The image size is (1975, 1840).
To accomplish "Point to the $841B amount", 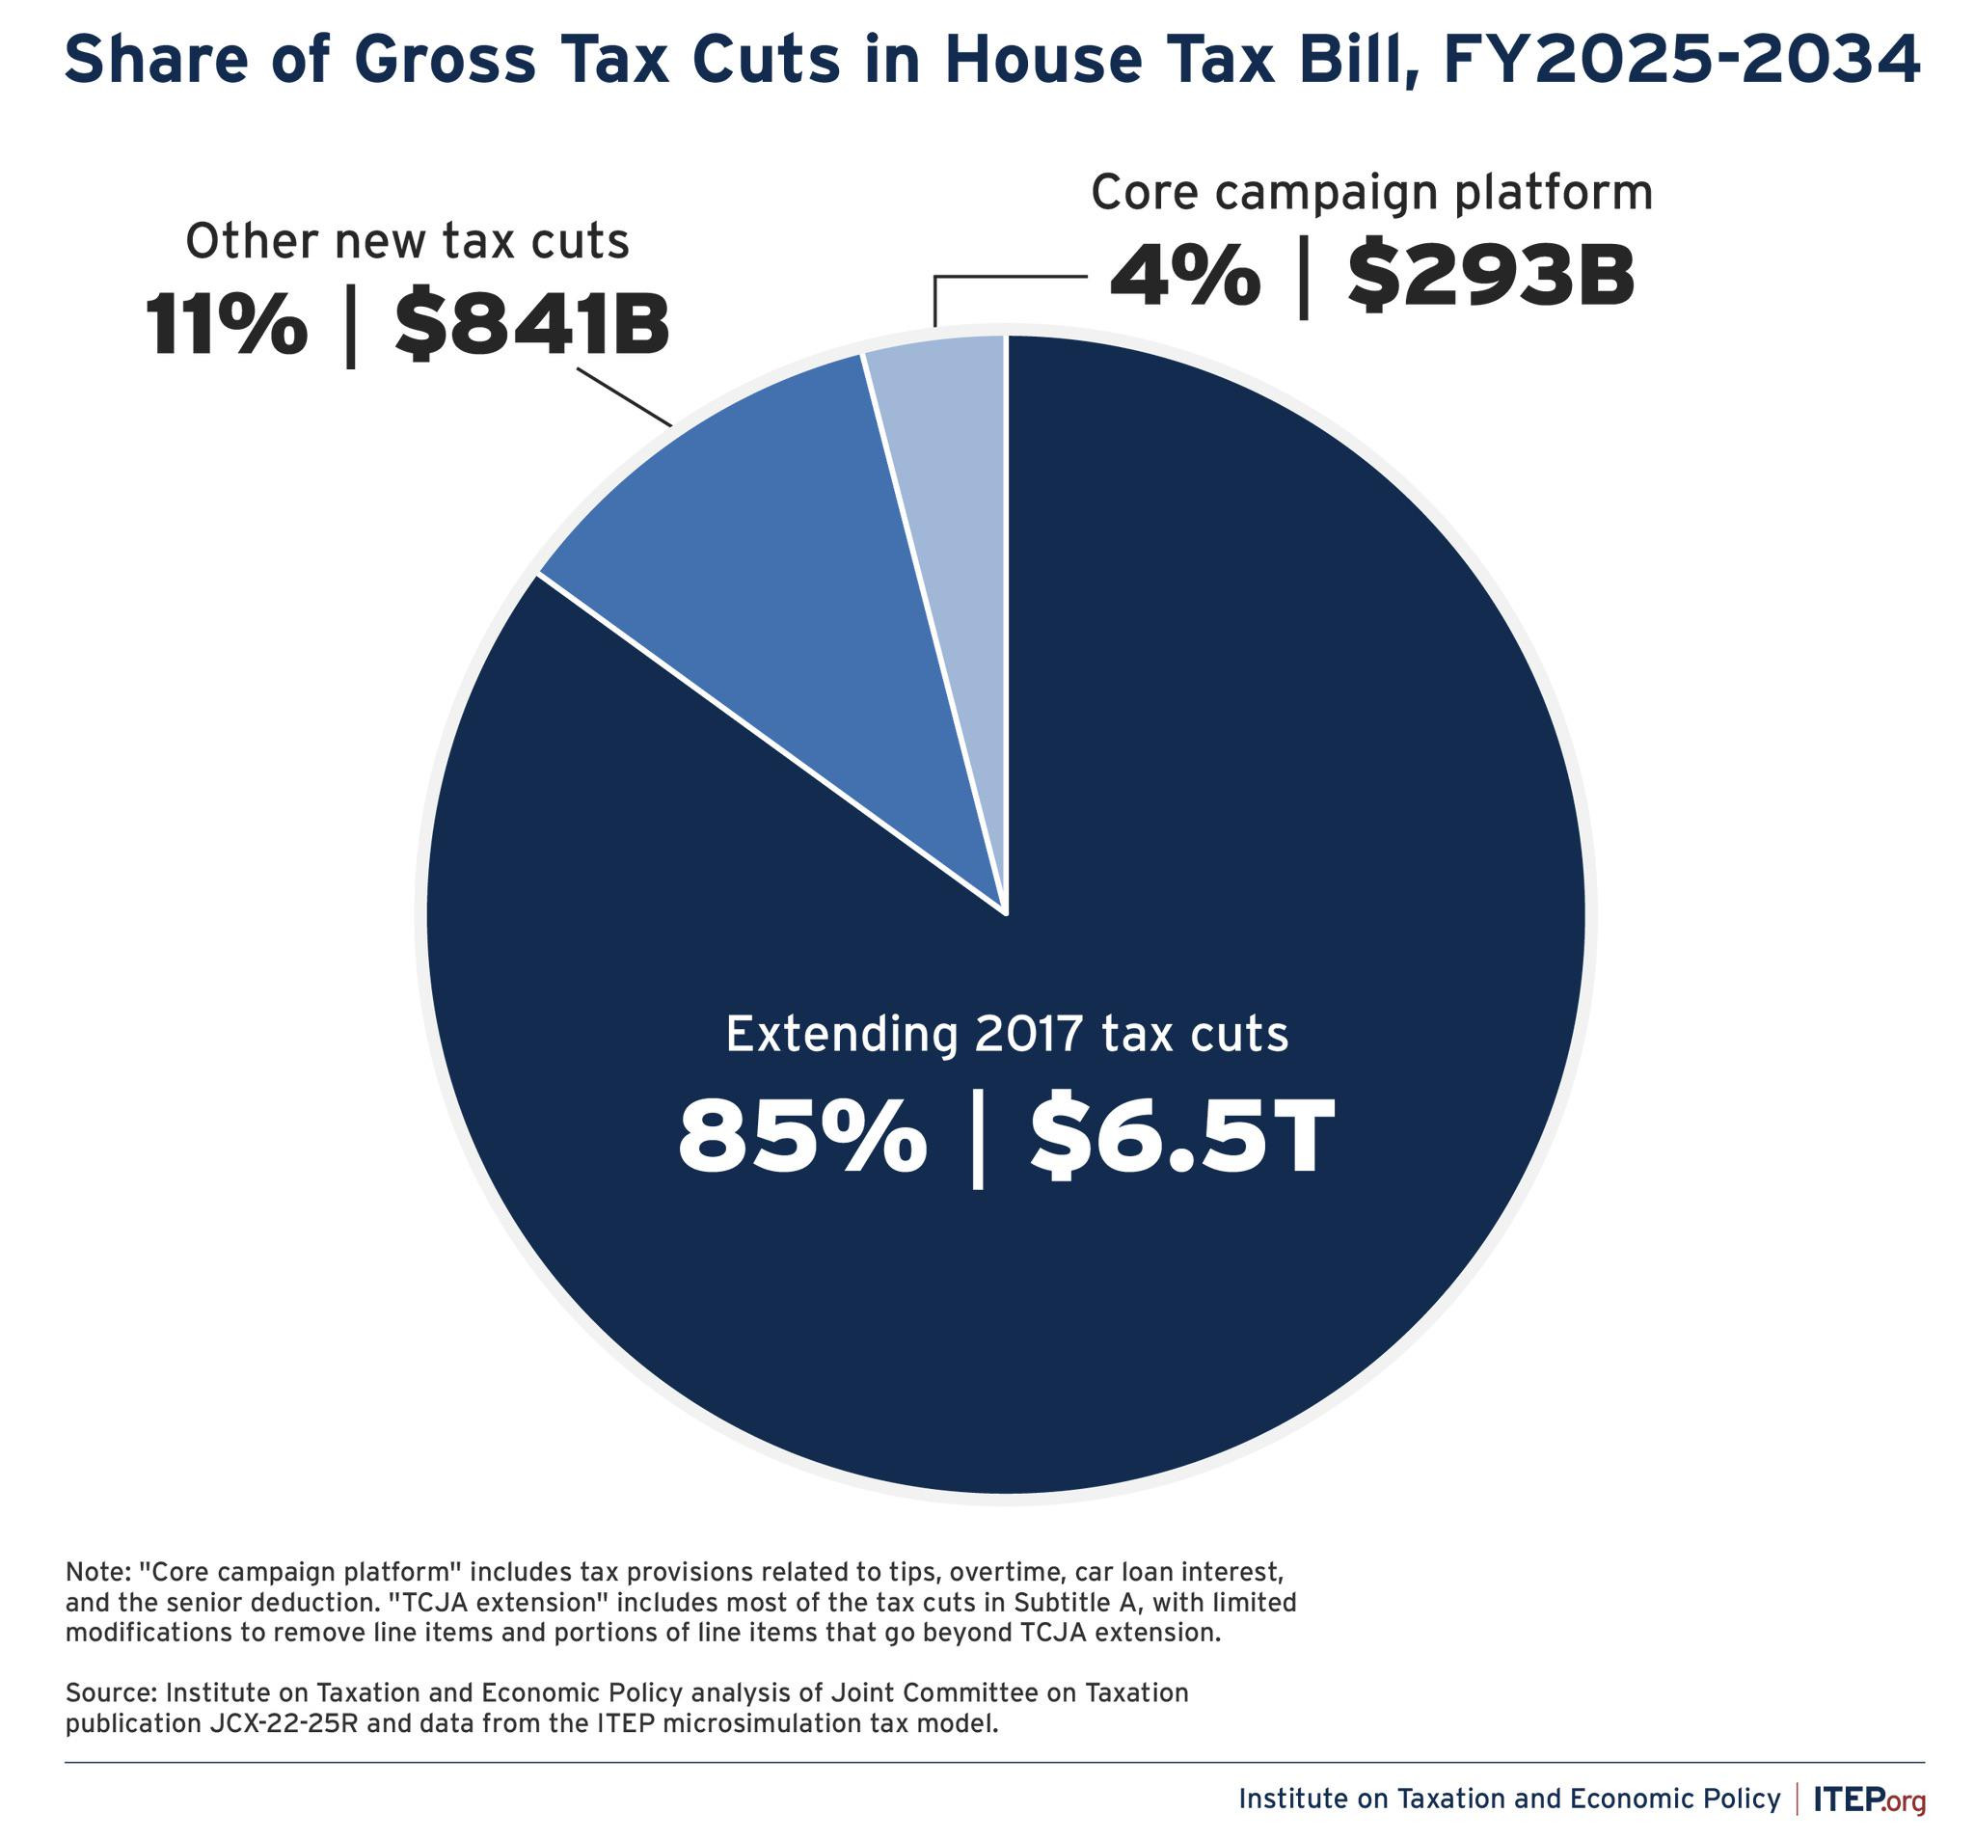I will coord(532,326).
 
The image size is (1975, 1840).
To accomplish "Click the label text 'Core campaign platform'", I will coord(1372,192).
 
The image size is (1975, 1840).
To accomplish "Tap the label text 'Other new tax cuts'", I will coord(407,241).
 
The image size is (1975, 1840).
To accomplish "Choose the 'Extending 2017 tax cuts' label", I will coord(1008,1034).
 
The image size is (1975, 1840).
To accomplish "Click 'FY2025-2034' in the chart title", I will coord(1682,62).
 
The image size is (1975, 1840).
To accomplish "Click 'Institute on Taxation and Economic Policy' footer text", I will coord(1509,1799).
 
